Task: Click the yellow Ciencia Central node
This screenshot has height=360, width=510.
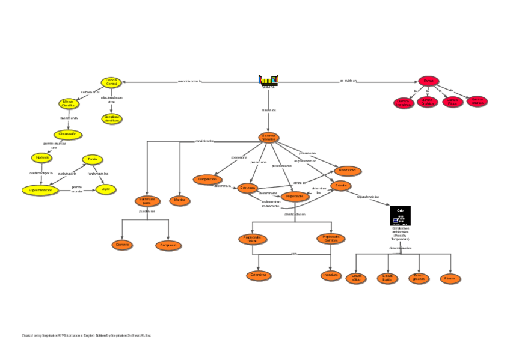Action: pos(111,82)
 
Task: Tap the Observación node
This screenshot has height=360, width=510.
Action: pos(68,134)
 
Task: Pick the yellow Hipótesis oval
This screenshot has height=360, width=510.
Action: pos(42,157)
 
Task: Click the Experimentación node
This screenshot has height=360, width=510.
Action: pos(41,190)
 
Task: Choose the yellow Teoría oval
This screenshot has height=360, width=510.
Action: pos(92,159)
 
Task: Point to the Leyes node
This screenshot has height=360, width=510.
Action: pos(106,189)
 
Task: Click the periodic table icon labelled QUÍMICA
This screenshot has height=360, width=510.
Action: pos(268,81)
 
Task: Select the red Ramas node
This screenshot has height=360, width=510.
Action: pos(429,81)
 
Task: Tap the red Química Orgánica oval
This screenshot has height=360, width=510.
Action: pos(428,102)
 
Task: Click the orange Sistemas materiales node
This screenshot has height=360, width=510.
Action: pos(268,138)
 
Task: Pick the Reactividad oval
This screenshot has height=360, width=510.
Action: pos(348,171)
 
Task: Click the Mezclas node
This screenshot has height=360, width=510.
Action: pos(180,201)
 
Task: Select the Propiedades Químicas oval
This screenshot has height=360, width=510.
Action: pos(331,239)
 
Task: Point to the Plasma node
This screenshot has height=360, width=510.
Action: pos(449,278)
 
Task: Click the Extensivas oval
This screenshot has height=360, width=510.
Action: pos(259,275)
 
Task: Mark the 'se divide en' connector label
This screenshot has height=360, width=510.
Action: pos(348,81)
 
